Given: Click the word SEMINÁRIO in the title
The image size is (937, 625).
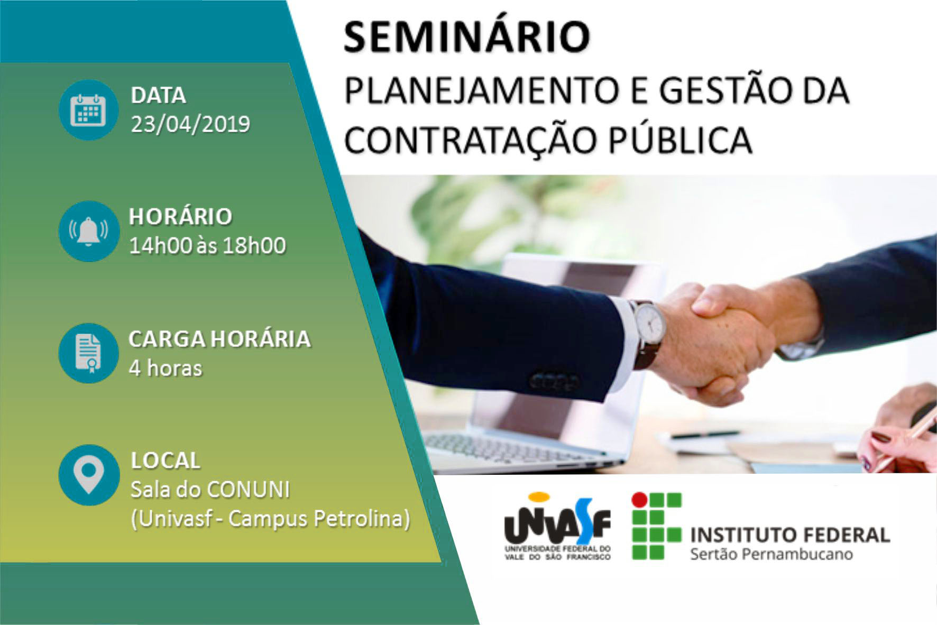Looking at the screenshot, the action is click(467, 37).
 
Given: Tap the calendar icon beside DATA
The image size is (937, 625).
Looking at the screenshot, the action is click(88, 110).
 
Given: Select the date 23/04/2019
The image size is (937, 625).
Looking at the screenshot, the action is click(190, 124).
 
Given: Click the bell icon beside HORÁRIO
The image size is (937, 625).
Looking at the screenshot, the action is click(88, 231).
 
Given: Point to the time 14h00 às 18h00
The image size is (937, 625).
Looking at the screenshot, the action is click(207, 246).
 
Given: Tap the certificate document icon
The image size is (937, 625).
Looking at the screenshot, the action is click(88, 353).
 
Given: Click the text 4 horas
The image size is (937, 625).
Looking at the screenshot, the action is click(166, 368).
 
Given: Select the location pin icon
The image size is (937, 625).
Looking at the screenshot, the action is click(88, 474).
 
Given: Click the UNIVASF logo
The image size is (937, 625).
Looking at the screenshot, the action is click(557, 526).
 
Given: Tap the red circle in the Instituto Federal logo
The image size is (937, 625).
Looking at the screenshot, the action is click(640, 500).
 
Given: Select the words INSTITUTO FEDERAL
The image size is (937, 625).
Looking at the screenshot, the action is click(790, 535).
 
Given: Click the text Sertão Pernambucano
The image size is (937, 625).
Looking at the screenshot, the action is click(771, 554).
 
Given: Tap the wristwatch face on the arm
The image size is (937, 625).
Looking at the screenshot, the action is click(649, 321).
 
